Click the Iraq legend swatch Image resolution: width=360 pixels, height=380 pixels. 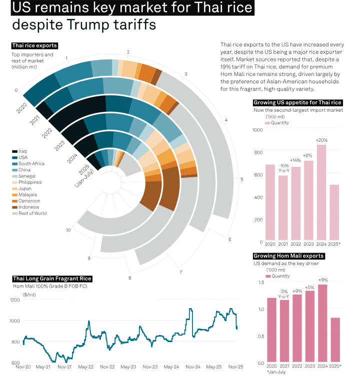click(14, 151)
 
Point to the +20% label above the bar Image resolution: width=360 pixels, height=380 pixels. click(321, 140)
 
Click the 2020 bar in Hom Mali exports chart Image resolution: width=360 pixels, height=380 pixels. click(271, 330)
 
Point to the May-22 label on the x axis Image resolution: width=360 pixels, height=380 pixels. click(86, 367)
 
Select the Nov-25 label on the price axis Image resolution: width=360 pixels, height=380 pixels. click(236, 367)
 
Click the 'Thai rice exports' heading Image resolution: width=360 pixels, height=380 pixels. click(34, 46)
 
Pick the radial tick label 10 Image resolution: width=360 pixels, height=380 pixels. click(68, 230)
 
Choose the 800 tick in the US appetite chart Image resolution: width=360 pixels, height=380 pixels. click(258, 152)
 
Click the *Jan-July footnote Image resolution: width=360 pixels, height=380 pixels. click(276, 372)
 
